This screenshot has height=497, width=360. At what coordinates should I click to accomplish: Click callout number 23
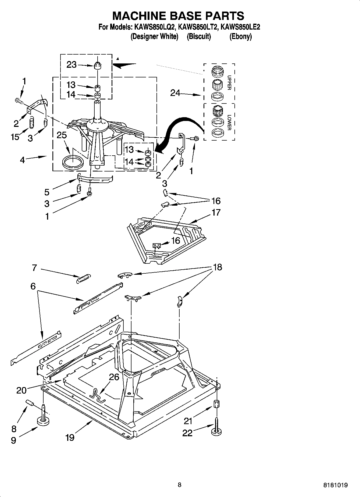coord(71,65)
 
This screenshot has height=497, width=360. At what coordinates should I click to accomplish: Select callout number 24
coord(175,93)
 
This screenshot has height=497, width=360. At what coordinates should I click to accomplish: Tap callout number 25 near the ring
coord(62,135)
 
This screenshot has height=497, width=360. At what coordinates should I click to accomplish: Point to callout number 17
coord(216,212)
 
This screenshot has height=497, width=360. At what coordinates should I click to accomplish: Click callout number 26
coord(114,377)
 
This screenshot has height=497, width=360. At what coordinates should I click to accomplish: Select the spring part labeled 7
coord(84,278)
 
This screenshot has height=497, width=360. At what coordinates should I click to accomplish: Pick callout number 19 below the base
coord(70,438)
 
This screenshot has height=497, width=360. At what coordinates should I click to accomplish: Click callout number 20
coord(22,390)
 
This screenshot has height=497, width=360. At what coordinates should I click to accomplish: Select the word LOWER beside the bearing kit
coord(229,123)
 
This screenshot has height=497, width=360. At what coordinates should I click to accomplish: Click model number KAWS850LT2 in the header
coord(198,27)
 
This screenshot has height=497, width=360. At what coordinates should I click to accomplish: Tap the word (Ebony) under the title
coord(240,36)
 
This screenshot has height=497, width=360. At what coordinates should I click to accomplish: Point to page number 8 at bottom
coord(180,485)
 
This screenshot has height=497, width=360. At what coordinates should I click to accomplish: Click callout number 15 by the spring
coord(15,137)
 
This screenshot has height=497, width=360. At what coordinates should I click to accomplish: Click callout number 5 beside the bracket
coord(47,192)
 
